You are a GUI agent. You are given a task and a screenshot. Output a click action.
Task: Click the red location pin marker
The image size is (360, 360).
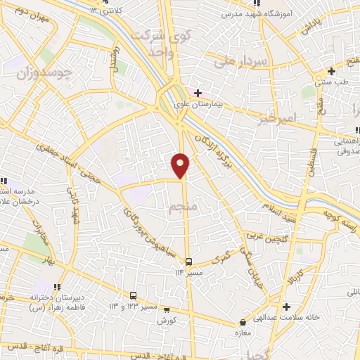click(x=181, y=165)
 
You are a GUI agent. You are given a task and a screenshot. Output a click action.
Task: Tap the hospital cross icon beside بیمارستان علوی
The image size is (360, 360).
click(x=198, y=92)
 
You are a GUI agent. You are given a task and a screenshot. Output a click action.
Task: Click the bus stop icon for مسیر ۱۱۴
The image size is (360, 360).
click(x=188, y=262)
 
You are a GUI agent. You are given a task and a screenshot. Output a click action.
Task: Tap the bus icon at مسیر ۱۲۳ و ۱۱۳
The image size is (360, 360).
click(x=133, y=295)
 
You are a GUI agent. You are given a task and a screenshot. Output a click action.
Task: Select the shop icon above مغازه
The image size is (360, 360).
click(x=243, y=323)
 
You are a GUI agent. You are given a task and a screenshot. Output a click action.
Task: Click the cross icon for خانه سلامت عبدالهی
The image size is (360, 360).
click(x=286, y=307)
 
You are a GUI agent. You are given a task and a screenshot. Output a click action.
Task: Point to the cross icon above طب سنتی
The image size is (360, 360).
click(x=331, y=71)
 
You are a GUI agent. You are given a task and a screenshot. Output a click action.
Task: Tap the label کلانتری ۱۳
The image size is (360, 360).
click(x=105, y=11)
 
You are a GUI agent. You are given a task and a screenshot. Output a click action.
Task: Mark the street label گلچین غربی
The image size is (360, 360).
click(x=265, y=239)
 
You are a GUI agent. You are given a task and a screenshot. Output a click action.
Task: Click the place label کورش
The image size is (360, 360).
click(x=166, y=321)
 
